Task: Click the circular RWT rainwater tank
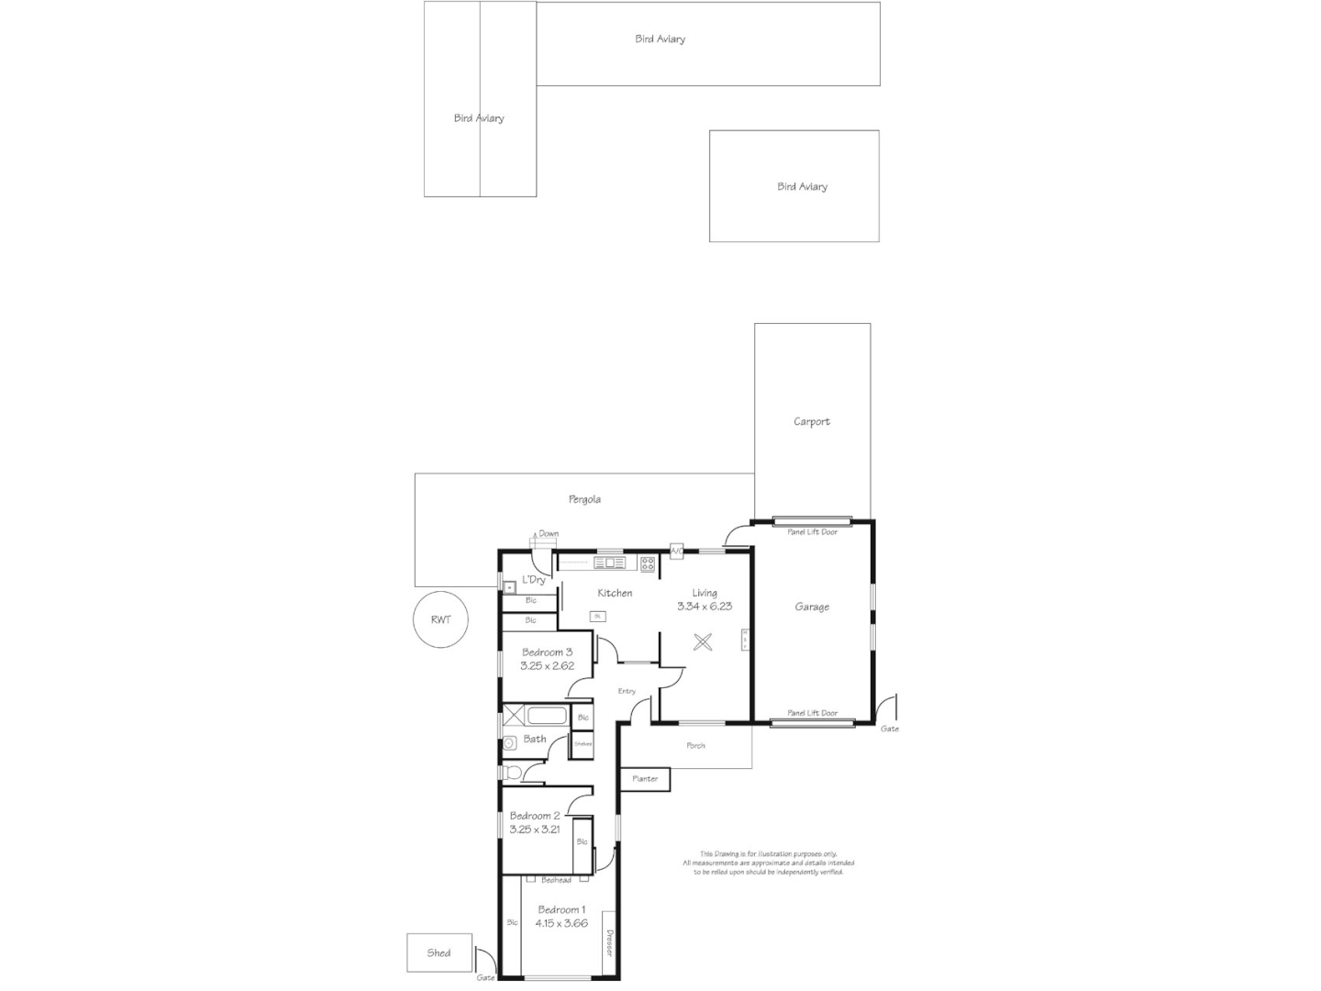coord(440,619)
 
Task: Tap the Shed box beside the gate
coord(439,952)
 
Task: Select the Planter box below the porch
coord(645,779)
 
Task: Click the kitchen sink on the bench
coord(609,562)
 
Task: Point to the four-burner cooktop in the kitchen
coord(648,563)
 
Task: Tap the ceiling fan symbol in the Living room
coord(704,642)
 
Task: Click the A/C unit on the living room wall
coord(676,551)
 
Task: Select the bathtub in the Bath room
coord(549,716)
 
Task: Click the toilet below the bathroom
coord(512,774)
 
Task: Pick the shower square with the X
coord(514,716)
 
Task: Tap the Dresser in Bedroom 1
coord(608,943)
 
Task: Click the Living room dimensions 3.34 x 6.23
coord(704,607)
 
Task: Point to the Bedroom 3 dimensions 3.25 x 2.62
coord(547,666)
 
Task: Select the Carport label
coord(812,422)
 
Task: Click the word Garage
coord(812,607)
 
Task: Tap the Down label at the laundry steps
coord(549,534)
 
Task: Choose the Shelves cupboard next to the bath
coord(583,744)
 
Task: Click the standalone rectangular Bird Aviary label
coord(802,186)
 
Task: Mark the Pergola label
coord(584,499)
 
